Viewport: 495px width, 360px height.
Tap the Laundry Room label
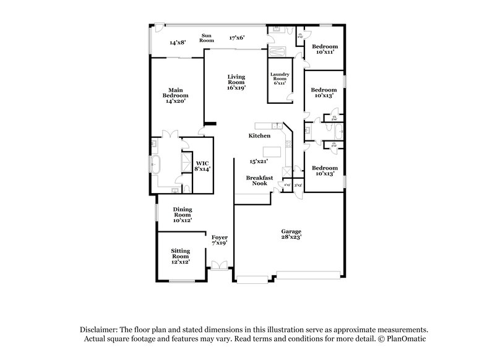point(279,77)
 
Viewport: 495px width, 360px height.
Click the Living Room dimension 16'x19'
point(236,88)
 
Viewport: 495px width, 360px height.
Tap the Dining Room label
point(183,210)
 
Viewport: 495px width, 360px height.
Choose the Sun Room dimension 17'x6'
point(236,37)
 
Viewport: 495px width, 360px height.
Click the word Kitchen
point(259,135)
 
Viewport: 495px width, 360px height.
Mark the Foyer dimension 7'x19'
point(220,243)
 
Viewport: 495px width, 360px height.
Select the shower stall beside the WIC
point(186,163)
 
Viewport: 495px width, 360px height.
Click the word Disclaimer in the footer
point(100,330)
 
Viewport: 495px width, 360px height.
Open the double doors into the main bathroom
point(170,134)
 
